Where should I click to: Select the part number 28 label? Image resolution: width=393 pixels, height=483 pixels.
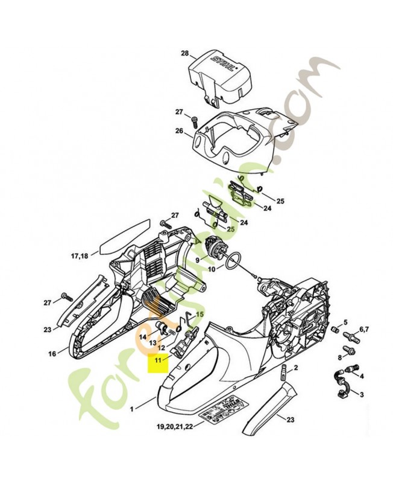pos(185,54)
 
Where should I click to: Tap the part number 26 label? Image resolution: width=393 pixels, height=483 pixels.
pos(179,130)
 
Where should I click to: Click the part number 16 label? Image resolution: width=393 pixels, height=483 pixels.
pos(52,354)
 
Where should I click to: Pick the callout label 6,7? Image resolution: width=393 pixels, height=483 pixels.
pos(364,329)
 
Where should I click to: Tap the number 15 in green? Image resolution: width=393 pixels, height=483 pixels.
pos(201,314)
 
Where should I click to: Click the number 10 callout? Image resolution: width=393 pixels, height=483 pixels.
pos(212,270)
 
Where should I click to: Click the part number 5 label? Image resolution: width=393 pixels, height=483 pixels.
pos(345,322)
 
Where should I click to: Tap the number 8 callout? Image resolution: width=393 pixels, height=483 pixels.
pos(339,357)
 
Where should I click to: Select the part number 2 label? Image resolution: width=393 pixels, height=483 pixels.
pos(296,367)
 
